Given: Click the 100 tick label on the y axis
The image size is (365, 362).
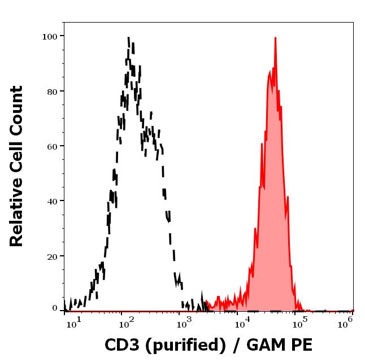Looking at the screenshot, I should (50, 36).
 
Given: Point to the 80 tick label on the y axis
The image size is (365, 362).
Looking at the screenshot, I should (53, 91).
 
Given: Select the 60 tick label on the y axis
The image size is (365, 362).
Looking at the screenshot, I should (53, 146).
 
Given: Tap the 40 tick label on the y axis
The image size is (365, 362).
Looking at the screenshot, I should (53, 200).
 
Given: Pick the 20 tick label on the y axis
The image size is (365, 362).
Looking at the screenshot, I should (53, 256).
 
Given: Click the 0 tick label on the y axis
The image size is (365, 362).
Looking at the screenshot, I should (55, 308).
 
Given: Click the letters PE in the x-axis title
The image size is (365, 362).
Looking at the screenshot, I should (301, 345).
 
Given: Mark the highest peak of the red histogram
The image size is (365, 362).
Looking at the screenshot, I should (275, 38).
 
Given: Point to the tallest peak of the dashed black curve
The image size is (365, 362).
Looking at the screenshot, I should (129, 38).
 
